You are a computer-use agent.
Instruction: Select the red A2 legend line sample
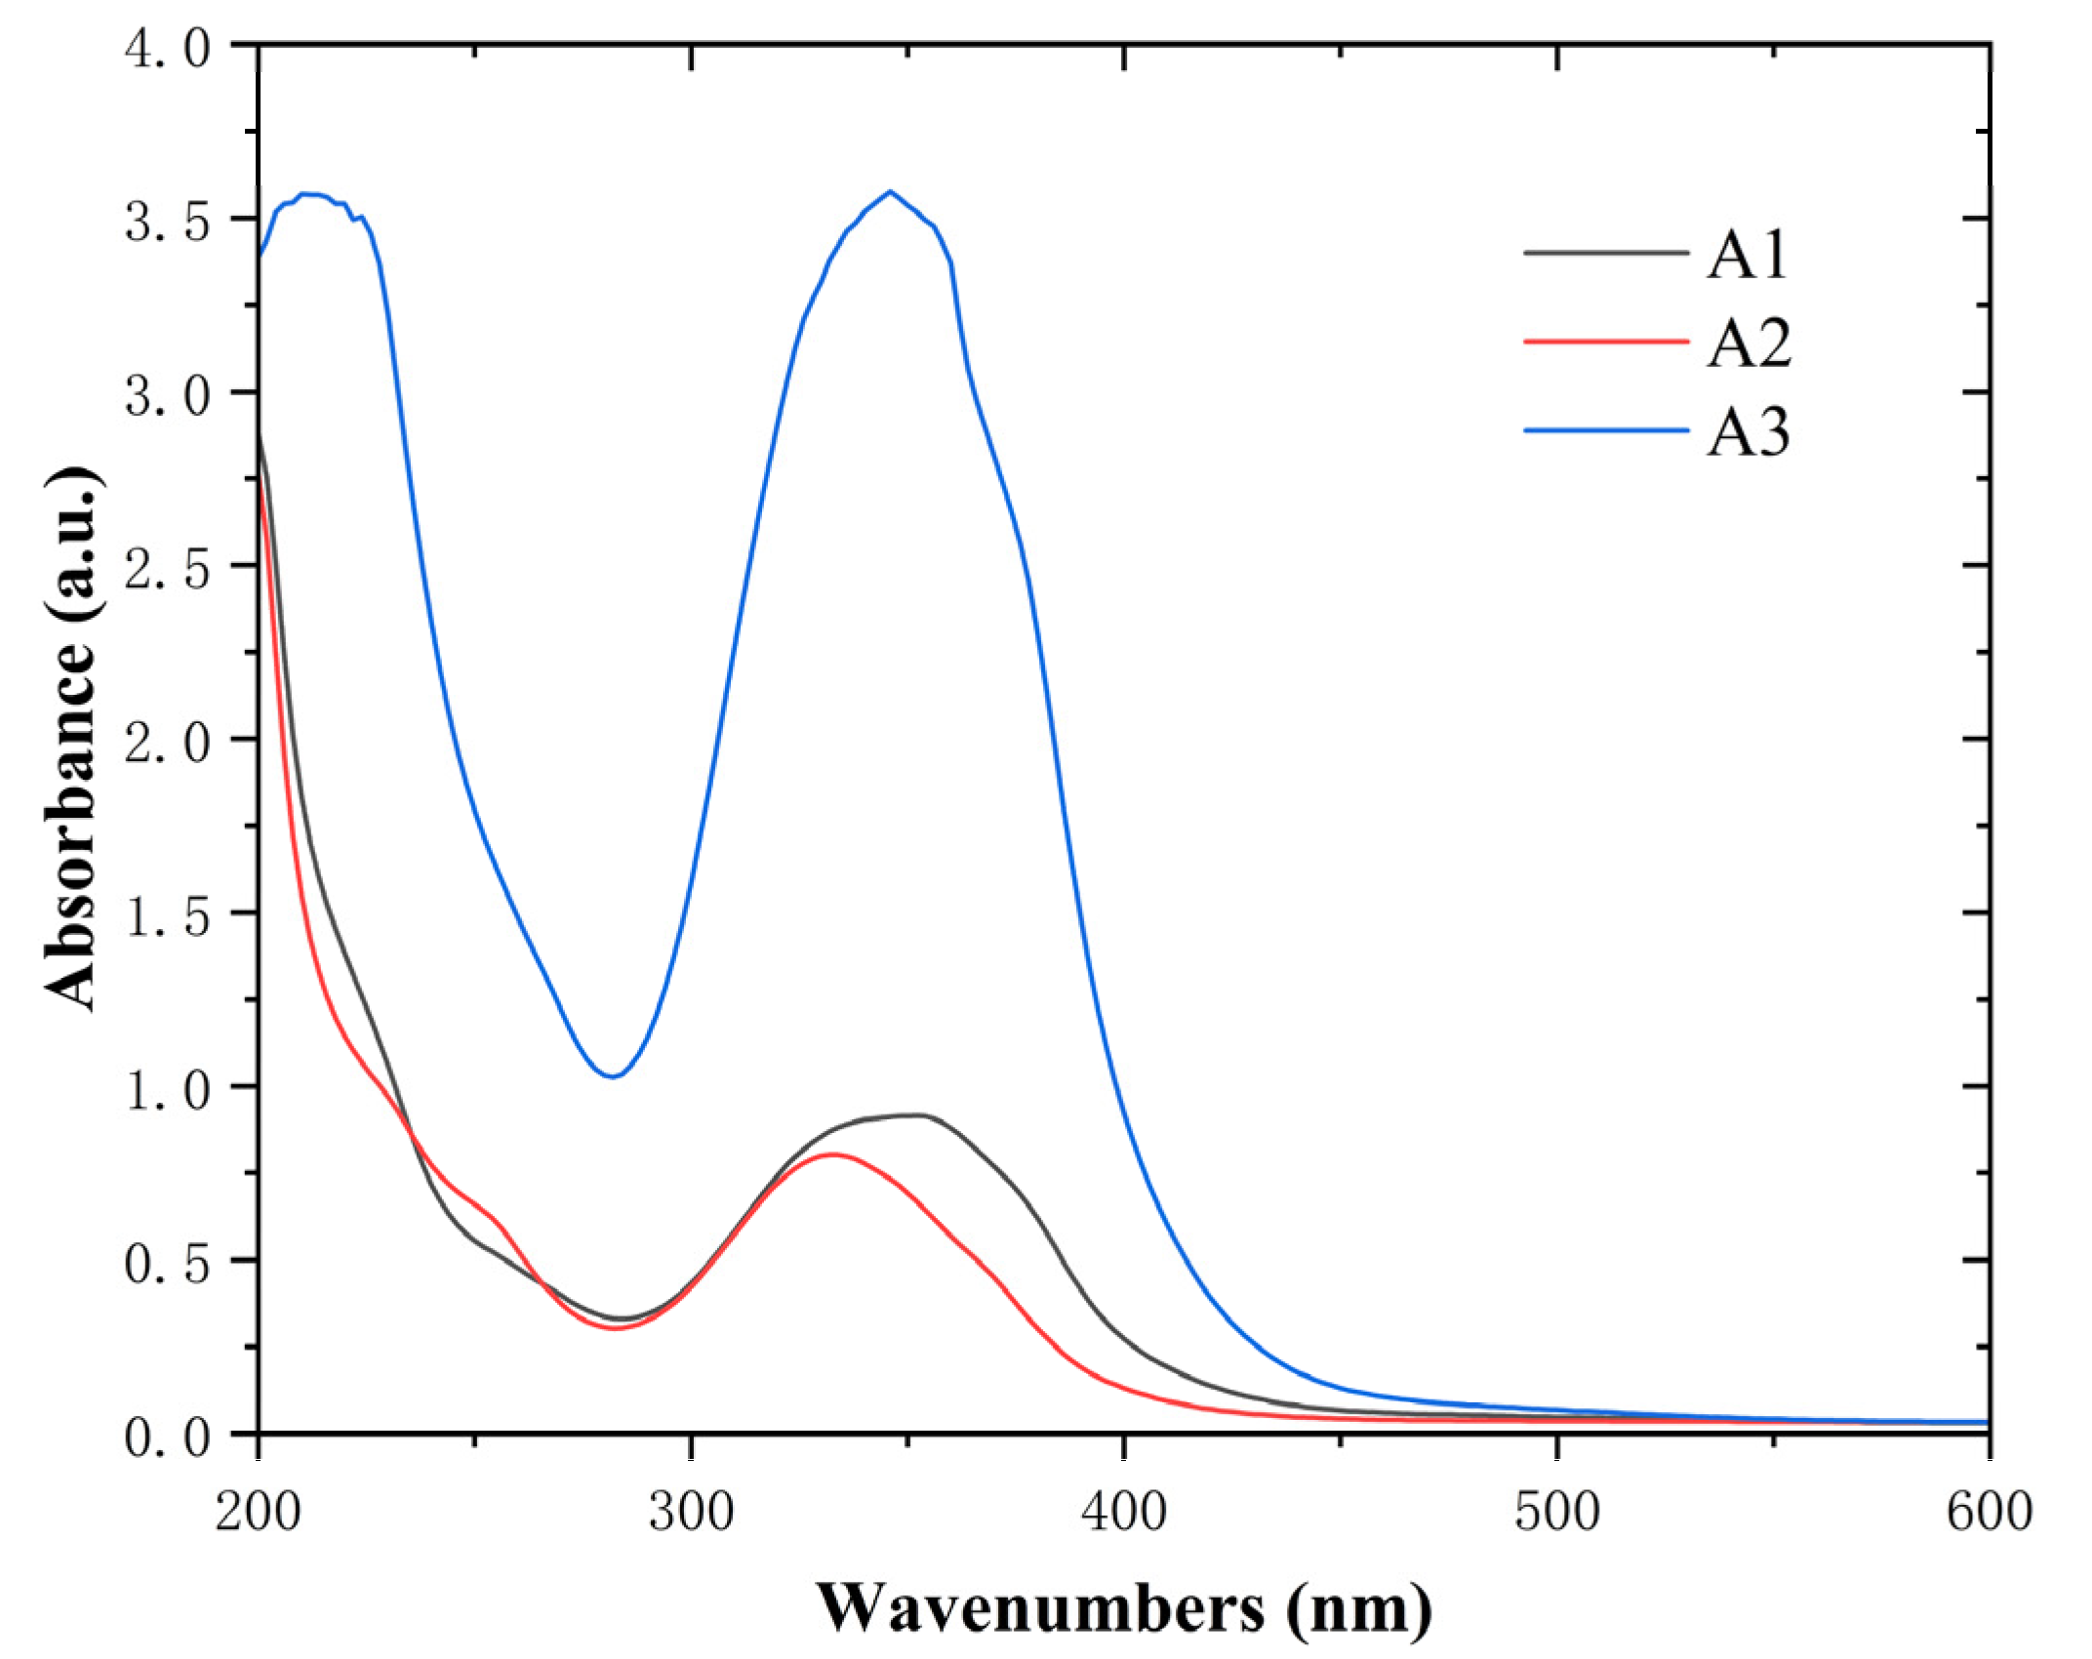click(x=1606, y=342)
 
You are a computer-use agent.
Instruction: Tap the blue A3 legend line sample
click(x=1606, y=430)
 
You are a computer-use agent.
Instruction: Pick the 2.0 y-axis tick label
click(x=167, y=742)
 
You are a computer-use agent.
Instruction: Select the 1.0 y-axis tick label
click(x=167, y=1089)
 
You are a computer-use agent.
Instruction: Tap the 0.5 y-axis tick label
click(x=167, y=1263)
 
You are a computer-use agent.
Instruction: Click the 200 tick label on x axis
click(x=258, y=1512)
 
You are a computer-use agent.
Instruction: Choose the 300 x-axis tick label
click(x=691, y=1512)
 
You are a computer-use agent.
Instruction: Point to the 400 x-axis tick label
click(x=1124, y=1512)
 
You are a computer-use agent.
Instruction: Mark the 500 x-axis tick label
click(x=1557, y=1512)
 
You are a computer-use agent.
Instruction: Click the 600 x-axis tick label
click(x=1990, y=1512)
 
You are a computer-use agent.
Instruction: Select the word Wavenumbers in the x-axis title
click(x=1039, y=1607)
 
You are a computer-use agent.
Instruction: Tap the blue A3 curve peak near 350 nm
click(x=890, y=192)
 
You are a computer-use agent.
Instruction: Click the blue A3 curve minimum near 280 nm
click(x=612, y=1076)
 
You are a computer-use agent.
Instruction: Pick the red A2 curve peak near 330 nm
click(x=832, y=1154)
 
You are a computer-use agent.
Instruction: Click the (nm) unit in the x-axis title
click(x=1359, y=1607)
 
